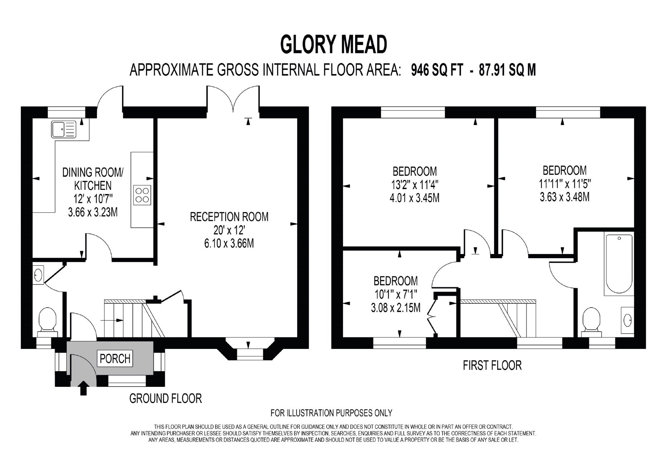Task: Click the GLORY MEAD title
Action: click(x=333, y=45)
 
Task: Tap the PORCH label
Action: click(x=115, y=359)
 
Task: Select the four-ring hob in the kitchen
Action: click(x=142, y=195)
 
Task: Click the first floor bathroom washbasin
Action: click(x=627, y=320)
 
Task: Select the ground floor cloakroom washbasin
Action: click(x=38, y=275)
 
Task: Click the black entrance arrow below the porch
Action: click(x=84, y=388)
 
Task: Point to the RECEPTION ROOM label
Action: click(x=229, y=217)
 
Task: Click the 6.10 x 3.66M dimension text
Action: click(x=229, y=243)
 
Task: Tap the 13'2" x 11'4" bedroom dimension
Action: click(x=414, y=185)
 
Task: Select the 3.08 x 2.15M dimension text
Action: click(x=396, y=308)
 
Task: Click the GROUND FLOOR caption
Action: click(x=165, y=399)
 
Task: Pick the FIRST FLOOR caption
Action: click(x=492, y=365)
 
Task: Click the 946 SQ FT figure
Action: click(x=437, y=70)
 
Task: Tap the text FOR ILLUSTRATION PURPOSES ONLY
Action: click(x=331, y=413)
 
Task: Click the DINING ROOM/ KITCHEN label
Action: click(x=93, y=179)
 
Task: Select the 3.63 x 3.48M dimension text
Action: click(x=564, y=197)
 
